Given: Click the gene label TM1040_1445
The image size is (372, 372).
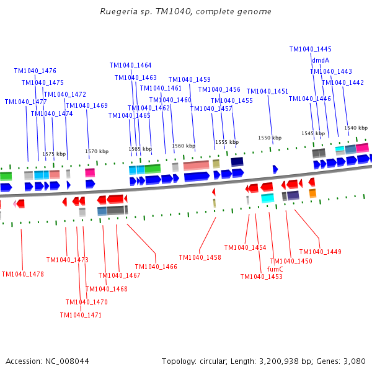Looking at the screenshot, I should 310,49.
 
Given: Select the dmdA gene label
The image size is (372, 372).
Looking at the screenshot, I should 321,60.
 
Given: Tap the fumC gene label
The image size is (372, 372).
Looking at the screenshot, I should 275,269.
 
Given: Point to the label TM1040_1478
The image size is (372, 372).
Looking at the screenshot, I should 23,274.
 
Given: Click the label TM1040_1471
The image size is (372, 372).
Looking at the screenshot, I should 81,315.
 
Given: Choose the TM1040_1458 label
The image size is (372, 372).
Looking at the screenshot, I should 200,257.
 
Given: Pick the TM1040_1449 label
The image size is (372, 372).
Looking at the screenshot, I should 320,252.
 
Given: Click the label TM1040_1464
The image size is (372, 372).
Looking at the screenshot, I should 130,65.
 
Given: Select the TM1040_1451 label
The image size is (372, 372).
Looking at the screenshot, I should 267,91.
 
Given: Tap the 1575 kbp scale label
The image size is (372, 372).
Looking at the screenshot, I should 54,154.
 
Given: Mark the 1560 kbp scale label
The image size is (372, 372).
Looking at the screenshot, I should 184,146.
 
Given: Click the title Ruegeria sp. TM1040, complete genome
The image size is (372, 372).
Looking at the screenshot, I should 185,12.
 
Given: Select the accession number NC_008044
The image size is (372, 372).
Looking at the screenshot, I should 67,361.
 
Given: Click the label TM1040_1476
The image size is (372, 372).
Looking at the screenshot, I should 35,71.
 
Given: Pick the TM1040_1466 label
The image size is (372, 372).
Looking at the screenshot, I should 156,267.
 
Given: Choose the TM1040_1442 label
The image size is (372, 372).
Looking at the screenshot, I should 343,82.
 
